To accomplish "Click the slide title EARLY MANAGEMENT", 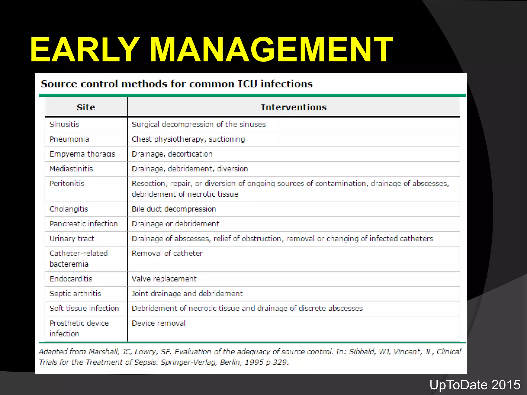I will [x=211, y=50].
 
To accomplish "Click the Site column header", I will [x=86, y=107].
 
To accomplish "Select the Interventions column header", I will [x=294, y=107].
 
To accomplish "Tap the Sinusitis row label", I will [x=64, y=124].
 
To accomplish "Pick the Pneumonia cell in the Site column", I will [x=69, y=139].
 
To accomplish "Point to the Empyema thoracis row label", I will [x=82, y=154].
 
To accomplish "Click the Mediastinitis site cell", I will [x=71, y=169].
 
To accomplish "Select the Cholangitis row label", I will [x=69, y=209].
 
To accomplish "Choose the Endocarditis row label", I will [x=71, y=279].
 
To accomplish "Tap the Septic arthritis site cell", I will [x=75, y=293].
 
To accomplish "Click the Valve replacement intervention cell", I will [x=164, y=279].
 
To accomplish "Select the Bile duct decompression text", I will [x=174, y=209].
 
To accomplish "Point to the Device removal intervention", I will [x=159, y=323].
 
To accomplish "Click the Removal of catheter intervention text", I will [x=167, y=253].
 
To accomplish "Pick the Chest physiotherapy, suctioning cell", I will [x=188, y=139].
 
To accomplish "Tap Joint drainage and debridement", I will [x=187, y=293].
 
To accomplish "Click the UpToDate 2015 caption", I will [x=475, y=385].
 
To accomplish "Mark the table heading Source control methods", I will [x=177, y=84].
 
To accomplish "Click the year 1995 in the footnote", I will [x=254, y=362].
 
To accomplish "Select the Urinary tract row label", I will [x=72, y=239].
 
